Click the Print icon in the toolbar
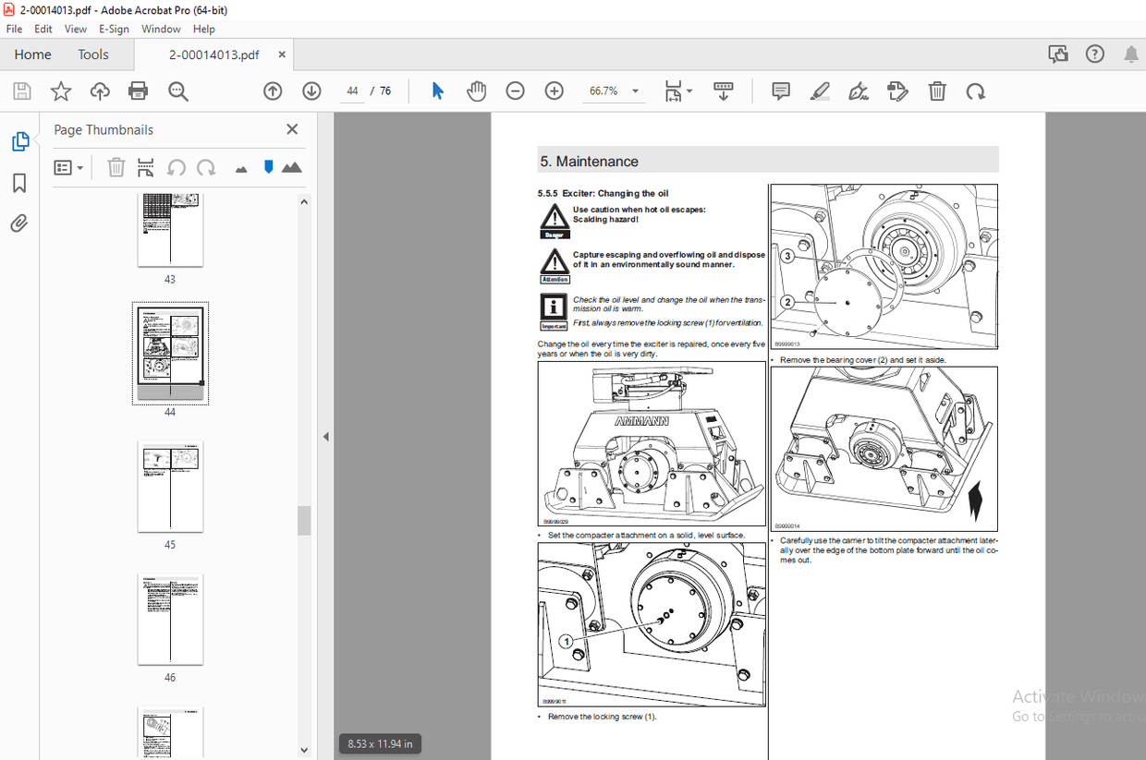(139, 90)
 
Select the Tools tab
(93, 54)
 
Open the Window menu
(161, 29)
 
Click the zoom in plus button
(554, 90)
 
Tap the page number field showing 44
(352, 90)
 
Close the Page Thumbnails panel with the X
(292, 129)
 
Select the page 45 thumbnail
(170, 486)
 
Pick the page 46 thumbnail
(170, 619)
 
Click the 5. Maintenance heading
(590, 162)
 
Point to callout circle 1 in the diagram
(566, 641)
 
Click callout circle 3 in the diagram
(787, 256)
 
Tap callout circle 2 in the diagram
(787, 302)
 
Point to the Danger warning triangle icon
(554, 218)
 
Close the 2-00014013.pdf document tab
(282, 54)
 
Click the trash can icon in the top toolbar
(936, 90)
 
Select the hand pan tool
(476, 90)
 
